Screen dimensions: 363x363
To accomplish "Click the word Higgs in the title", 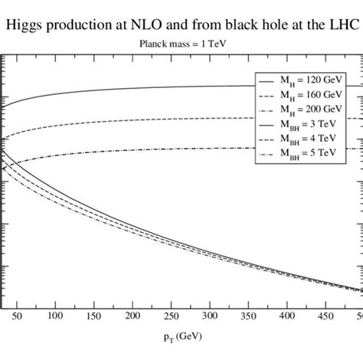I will point(28,25).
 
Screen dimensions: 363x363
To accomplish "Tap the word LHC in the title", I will point(341,25).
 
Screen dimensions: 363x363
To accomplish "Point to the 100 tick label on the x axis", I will point(54,315).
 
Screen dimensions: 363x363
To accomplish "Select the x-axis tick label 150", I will point(93,315).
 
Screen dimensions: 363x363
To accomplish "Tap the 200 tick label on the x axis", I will point(132,315).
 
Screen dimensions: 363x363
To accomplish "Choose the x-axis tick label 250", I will point(171,315).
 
